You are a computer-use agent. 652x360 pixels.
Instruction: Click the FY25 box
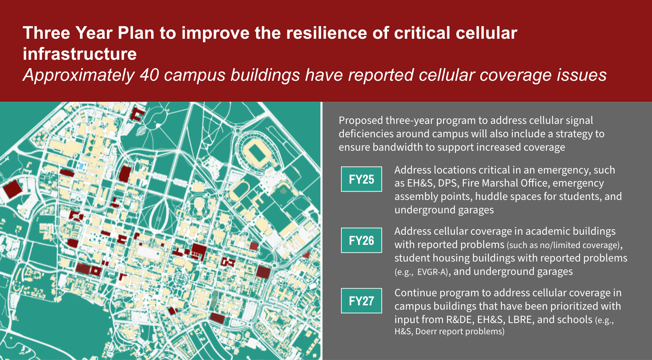(x=361, y=179)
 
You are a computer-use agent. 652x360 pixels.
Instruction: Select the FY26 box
(x=361, y=240)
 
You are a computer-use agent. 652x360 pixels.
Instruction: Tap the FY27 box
(x=361, y=301)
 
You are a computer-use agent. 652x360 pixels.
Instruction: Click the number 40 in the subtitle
(x=149, y=75)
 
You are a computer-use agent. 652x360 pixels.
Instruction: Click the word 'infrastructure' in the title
(x=80, y=54)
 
